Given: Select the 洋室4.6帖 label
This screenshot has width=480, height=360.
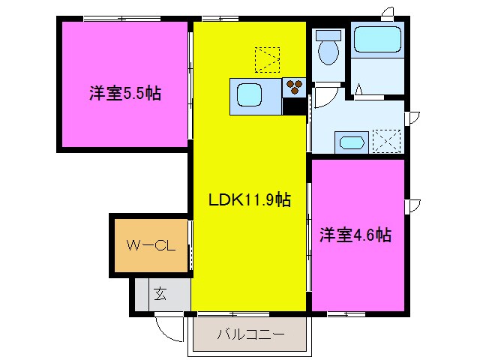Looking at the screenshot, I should coord(355,235).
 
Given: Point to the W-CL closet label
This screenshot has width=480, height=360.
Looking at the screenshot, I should coord(149,245).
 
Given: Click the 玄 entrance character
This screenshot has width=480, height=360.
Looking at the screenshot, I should coord(160,293).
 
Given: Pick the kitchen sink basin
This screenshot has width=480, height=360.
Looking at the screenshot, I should coord(250,94).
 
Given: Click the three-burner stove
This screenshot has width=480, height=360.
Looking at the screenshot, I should coord(293,87).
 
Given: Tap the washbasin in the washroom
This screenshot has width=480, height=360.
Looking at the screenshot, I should coord(352,142).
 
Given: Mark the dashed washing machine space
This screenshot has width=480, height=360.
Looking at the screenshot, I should coord(388,141).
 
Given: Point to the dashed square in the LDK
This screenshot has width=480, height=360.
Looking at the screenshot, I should coord(266,59).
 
